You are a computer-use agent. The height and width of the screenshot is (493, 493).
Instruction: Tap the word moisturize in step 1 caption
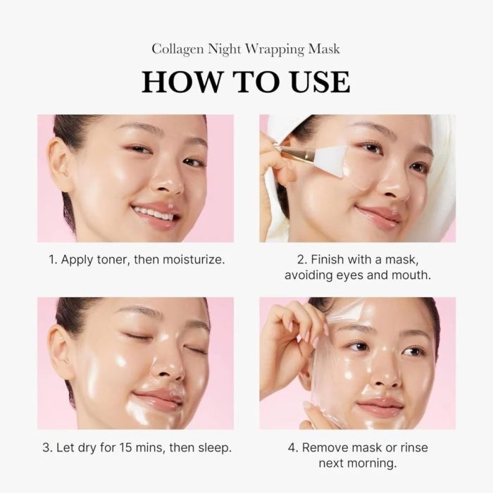click(194, 259)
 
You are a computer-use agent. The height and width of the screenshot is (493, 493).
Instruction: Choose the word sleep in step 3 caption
click(214, 447)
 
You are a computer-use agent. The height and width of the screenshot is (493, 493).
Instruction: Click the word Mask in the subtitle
click(324, 49)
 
